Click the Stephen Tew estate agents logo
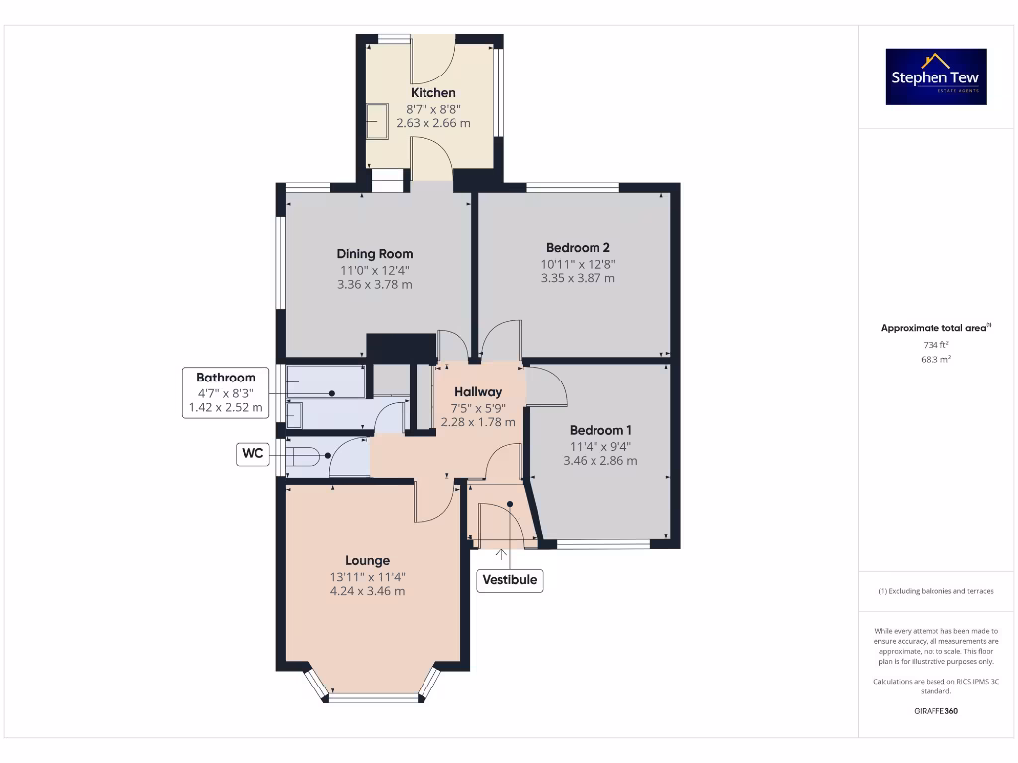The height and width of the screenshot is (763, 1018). point(936,76)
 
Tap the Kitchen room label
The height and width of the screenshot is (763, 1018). point(433,93)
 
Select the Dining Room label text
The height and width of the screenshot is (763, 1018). point(374,254)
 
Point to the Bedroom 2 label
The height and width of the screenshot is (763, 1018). point(578,248)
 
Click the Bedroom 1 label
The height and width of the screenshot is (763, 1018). point(600,430)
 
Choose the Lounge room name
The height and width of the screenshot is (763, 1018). point(367,560)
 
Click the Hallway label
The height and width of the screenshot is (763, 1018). point(478,392)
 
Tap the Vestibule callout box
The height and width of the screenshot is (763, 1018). point(510,579)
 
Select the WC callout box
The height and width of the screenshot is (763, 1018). point(253,454)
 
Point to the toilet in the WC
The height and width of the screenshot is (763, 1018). point(302,457)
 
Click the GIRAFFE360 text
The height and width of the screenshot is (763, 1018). point(935,711)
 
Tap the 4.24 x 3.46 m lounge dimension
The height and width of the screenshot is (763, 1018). point(367,591)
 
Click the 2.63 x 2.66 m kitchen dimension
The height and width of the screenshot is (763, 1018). point(433,123)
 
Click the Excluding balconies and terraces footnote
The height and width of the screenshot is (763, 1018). point(935,591)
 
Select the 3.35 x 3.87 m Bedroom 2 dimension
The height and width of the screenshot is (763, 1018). point(578,279)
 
